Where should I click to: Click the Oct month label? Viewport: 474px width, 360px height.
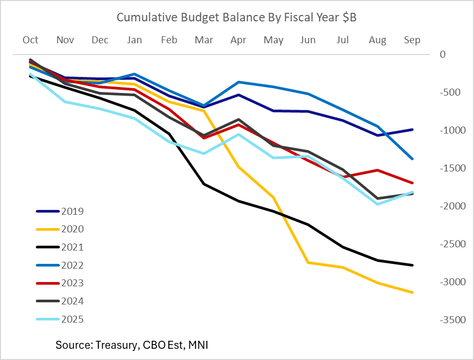pyautogui.click(x=30, y=40)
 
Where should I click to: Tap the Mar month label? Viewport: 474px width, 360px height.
pyautogui.click(x=204, y=40)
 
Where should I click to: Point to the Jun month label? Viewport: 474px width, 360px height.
pyautogui.click(x=308, y=40)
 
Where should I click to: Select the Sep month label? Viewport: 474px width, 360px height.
pyautogui.click(x=412, y=40)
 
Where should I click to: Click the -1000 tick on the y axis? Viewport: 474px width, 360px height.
pyautogui.click(x=449, y=130)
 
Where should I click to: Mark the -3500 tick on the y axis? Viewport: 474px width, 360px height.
pyautogui.click(x=449, y=320)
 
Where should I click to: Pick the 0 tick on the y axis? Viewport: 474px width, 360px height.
pyautogui.click(x=442, y=54)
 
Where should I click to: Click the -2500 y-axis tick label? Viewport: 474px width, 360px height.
pyautogui.click(x=449, y=244)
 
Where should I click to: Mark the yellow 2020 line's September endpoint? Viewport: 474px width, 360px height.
pyautogui.click(x=412, y=292)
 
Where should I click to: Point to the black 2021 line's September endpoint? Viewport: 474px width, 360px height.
pyautogui.click(x=412, y=265)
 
